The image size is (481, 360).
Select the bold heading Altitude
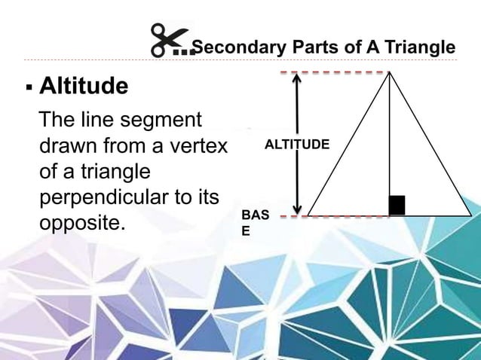(x=83, y=87)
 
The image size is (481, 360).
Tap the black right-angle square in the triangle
(x=397, y=206)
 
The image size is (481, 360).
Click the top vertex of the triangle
(x=390, y=72)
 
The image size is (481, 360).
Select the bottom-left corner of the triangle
(x=308, y=215)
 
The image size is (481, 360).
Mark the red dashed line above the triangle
(x=332, y=72)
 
